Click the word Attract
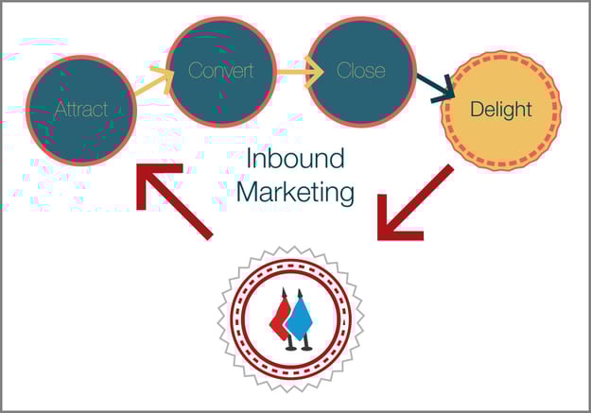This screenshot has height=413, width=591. tap(80, 110)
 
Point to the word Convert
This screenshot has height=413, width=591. tap(220, 71)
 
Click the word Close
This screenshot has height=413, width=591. tap(361, 71)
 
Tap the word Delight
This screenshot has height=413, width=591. tap(501, 110)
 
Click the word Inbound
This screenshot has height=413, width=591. tap(294, 158)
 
